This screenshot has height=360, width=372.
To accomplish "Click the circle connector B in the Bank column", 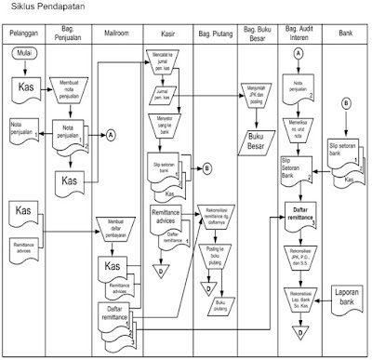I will pyautogui.click(x=345, y=103).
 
